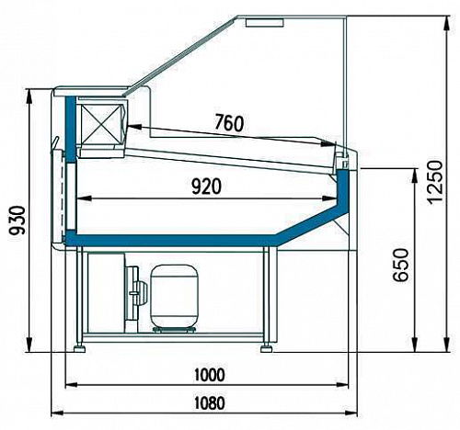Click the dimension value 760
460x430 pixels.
pos(229,123)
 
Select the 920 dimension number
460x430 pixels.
pos(206,187)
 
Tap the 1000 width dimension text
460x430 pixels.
pos(210,375)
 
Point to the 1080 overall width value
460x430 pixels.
pos(210,402)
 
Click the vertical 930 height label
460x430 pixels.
pos(17,221)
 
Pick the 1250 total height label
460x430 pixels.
pos(435,182)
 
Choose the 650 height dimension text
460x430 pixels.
pos(401,265)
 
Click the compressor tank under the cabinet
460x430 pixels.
pos(175,298)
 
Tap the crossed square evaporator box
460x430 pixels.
pos(101,119)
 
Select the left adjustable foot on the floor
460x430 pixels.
pos(80,348)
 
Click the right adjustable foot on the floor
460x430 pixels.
pos(267,348)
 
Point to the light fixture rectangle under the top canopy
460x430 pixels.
pos(265,23)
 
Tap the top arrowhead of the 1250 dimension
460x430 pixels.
pos(446,23)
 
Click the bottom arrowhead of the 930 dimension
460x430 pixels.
pos(29,345)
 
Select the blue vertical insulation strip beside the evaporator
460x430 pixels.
pos(71,129)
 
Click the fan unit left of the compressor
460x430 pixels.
pos(135,293)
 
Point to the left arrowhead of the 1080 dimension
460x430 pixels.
pos(57,413)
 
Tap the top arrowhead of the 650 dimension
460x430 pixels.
pos(415,175)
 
